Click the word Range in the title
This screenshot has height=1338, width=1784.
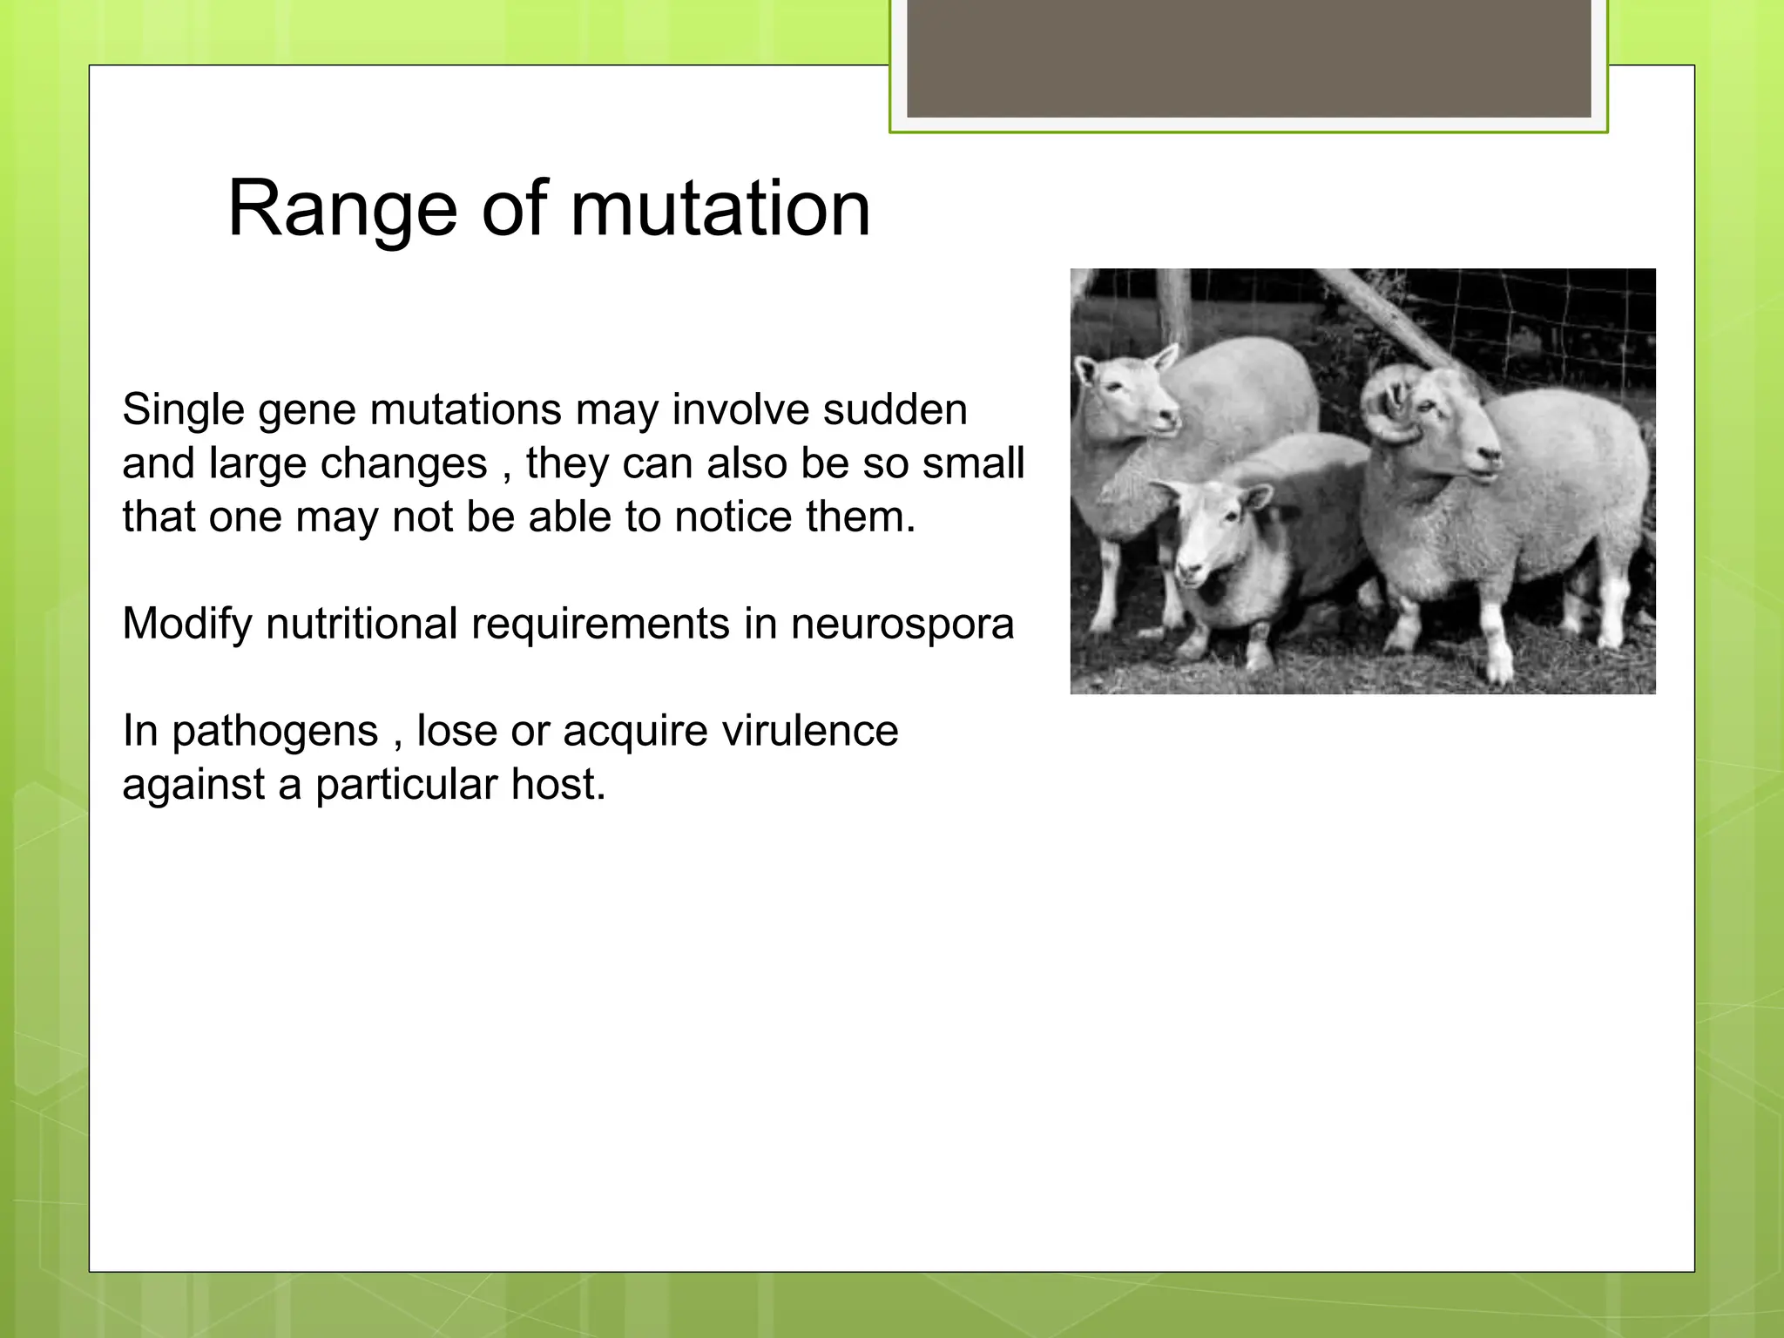click(x=341, y=209)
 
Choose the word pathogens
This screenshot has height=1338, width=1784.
click(x=274, y=732)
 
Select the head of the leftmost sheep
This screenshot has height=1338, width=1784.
click(x=1124, y=392)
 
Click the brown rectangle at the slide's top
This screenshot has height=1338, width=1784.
click(x=1248, y=57)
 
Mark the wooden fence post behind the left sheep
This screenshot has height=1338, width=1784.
click(x=1175, y=305)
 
